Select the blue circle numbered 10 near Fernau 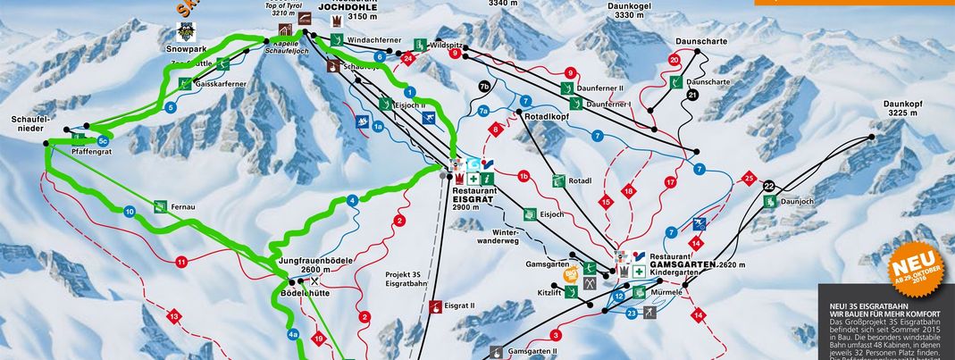pos(130,212)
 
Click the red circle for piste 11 pos(181,262)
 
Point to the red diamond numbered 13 pos(173,317)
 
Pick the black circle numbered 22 pos(768,186)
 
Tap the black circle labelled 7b pos(484,87)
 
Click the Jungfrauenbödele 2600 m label pos(317,264)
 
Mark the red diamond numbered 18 pos(628,191)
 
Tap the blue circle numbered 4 pos(353,201)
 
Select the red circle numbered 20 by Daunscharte pos(674,59)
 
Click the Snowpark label pos(185,50)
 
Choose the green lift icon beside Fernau pos(161,205)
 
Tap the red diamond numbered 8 pos(493,130)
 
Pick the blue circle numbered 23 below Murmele pos(632,313)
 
